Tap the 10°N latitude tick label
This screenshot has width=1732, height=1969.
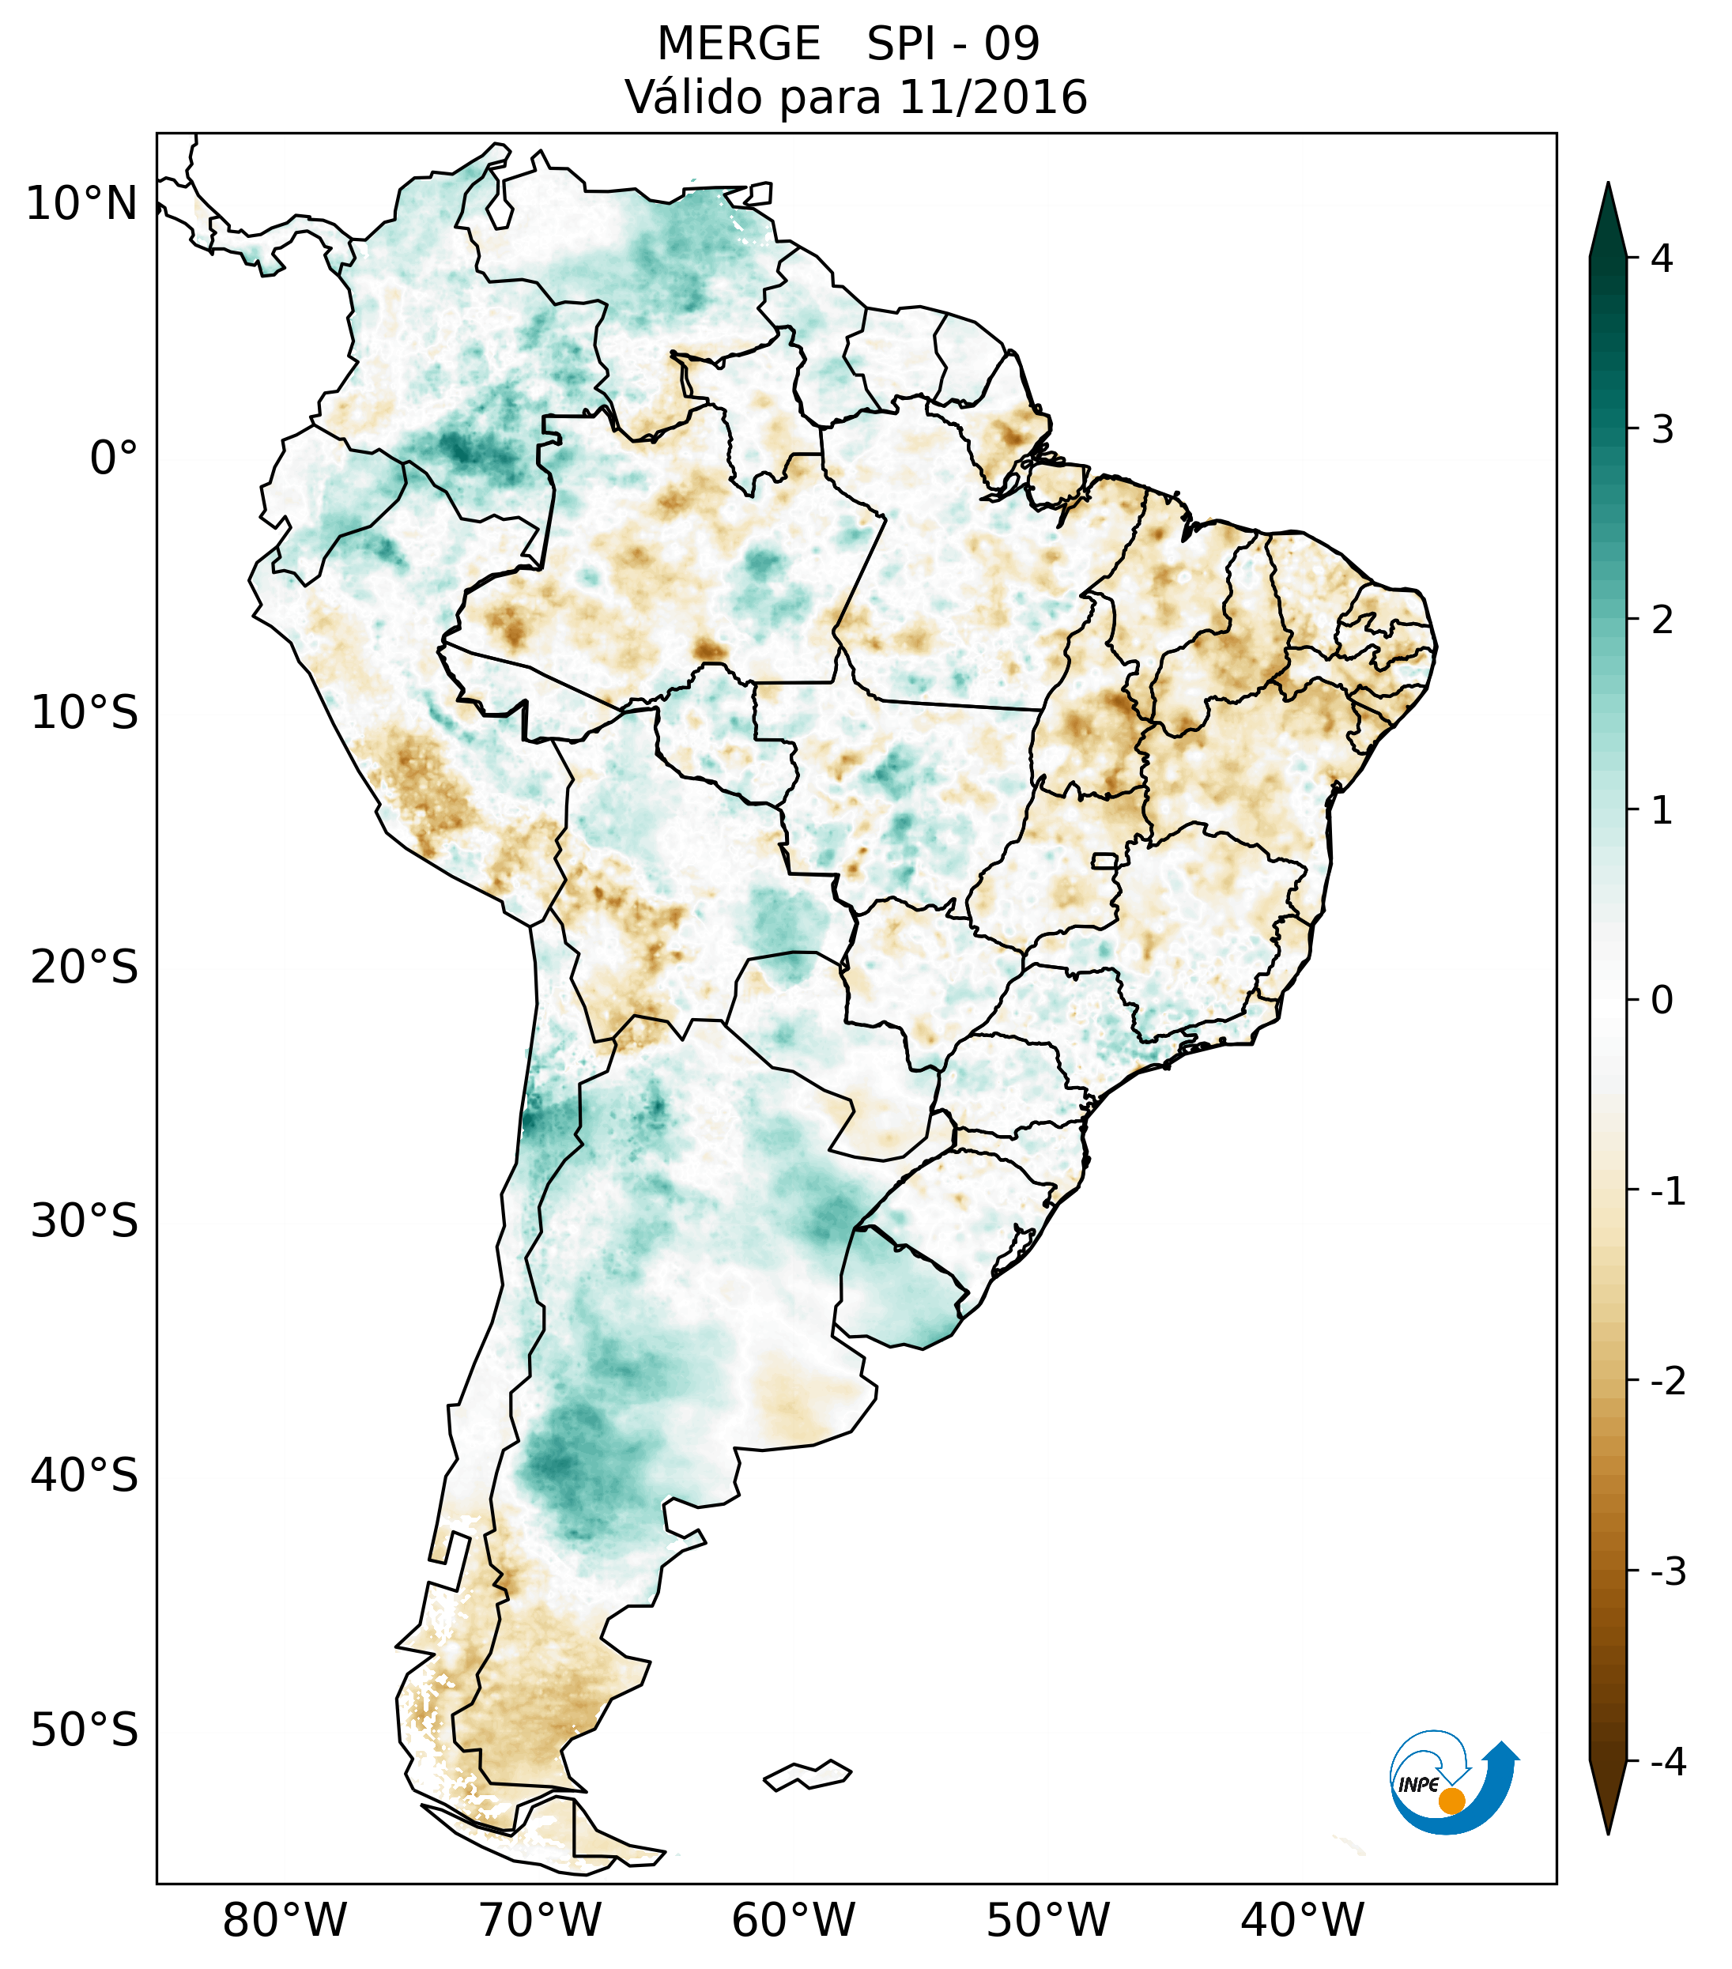click(x=82, y=204)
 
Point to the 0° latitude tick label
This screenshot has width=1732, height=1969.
click(x=114, y=458)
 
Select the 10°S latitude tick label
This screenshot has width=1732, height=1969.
click(x=85, y=713)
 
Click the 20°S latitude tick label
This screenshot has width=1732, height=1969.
click(x=85, y=968)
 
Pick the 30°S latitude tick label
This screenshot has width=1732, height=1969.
click(x=85, y=1221)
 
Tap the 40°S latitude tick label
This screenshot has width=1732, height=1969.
click(x=85, y=1476)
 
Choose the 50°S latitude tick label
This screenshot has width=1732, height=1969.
click(x=85, y=1731)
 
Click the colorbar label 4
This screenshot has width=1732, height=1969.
click(x=1662, y=258)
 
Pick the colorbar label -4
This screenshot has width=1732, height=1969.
click(x=1669, y=1763)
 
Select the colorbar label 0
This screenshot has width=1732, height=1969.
click(x=1662, y=1001)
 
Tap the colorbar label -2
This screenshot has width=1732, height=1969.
click(x=1669, y=1382)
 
